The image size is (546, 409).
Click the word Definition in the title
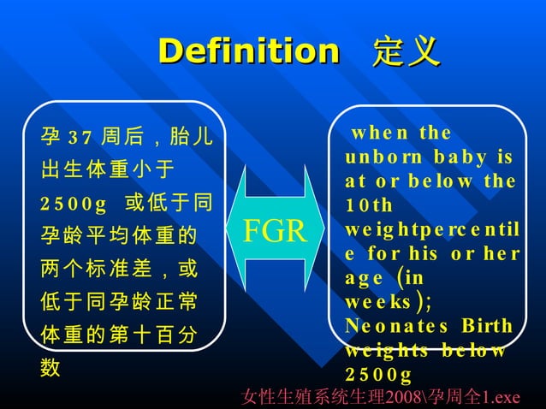tap(249, 51)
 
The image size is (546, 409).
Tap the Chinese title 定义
tap(407, 51)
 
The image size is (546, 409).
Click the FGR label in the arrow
tap(276, 231)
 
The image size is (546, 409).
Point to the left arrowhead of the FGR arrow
tap(237, 231)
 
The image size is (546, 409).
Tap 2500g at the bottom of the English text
tap(379, 375)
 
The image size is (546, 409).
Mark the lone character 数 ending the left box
tap(50, 368)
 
